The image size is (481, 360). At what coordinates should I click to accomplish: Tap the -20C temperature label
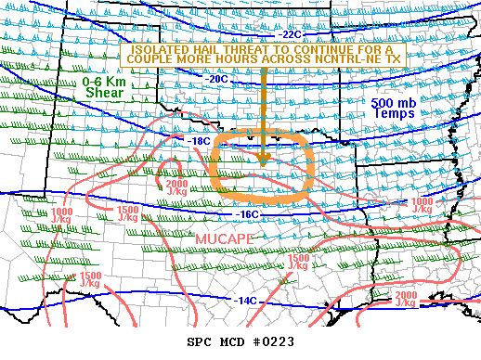coord(216,80)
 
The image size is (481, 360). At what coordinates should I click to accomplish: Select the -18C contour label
coord(200,141)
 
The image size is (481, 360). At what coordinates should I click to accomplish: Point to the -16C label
coord(244,214)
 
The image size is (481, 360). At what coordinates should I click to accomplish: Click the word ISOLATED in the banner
coord(162,48)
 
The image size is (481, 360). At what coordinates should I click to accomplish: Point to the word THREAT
coord(251,48)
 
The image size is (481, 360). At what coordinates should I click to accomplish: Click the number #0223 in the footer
coord(273,341)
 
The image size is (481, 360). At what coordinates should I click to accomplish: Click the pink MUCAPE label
coord(224,239)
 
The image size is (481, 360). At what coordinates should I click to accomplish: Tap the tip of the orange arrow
coord(265,163)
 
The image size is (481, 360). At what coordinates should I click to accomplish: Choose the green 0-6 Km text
coord(104,81)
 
